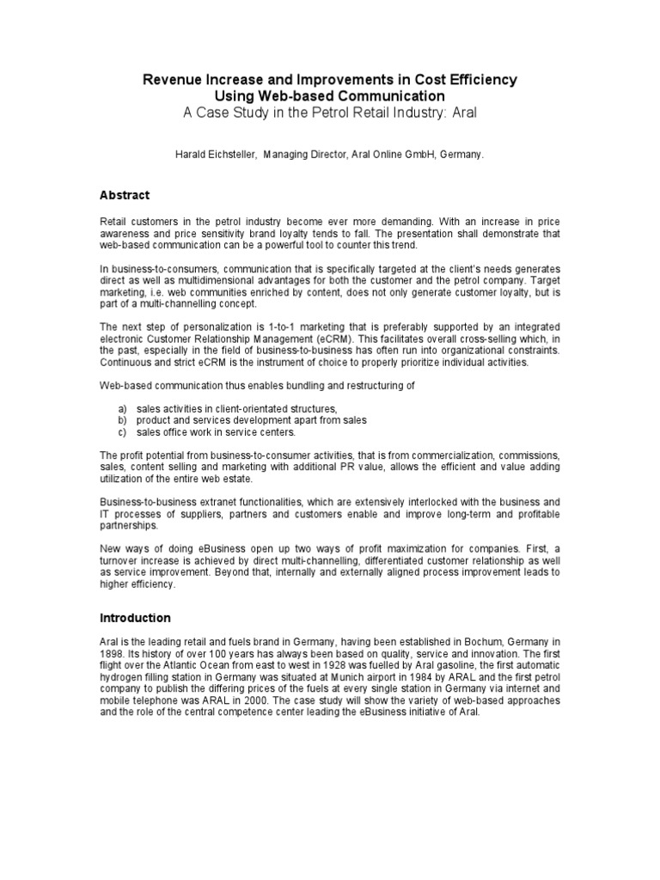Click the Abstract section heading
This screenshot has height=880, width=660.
click(x=125, y=195)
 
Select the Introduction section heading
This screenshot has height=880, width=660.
click(x=136, y=618)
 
